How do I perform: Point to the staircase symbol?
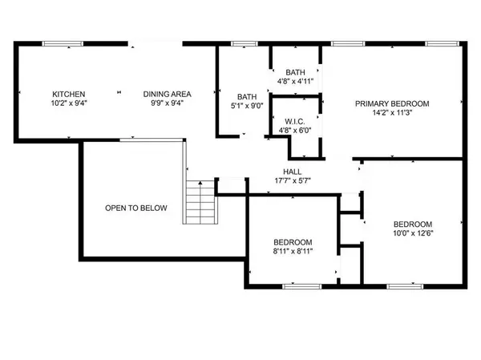[x=201, y=202]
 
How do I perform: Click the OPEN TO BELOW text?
[x=136, y=208]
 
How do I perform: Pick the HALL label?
[x=292, y=172]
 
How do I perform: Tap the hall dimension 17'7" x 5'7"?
[x=292, y=181]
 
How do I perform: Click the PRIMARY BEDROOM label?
[x=393, y=103]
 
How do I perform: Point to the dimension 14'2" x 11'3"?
[x=393, y=113]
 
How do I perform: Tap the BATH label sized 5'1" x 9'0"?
[x=246, y=97]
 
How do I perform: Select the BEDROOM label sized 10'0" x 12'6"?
[x=412, y=224]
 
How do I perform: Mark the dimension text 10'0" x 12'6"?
[x=412, y=233]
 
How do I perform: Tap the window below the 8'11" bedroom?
[x=302, y=286]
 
